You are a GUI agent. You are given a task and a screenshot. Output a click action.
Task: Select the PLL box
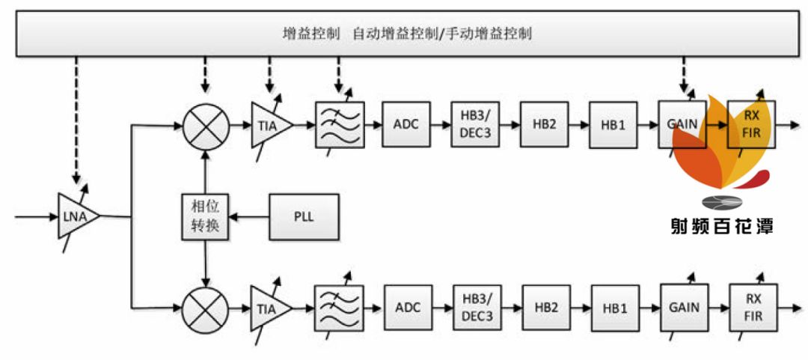coord(303,217)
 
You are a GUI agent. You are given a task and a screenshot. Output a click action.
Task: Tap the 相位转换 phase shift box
coord(204,217)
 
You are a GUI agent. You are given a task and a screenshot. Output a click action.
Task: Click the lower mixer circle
coord(204,307)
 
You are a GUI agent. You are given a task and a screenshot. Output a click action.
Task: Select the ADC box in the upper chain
coord(406,124)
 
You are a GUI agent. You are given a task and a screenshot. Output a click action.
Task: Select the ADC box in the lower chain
coord(408,307)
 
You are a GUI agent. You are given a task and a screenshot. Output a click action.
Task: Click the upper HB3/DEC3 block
coord(475,124)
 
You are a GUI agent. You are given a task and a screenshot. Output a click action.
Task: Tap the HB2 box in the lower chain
coord(545,307)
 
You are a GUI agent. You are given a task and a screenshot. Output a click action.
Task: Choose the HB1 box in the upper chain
coord(613,124)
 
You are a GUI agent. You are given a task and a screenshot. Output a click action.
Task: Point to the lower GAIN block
coord(684,307)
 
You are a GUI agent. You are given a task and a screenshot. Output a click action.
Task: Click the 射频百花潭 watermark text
coord(720,225)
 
